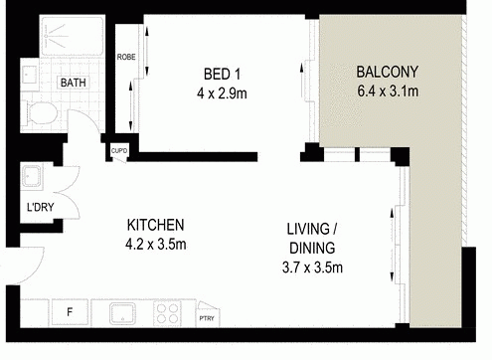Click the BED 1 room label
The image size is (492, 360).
(x=222, y=74)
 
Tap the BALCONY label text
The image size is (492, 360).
(x=387, y=72)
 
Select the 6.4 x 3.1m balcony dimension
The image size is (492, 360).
(x=388, y=90)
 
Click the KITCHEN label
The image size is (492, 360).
(x=155, y=225)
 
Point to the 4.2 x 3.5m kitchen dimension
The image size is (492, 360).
(x=155, y=245)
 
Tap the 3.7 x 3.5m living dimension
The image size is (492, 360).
(x=312, y=268)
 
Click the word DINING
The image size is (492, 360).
(x=312, y=248)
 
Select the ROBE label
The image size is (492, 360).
(x=126, y=57)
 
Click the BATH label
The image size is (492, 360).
(x=74, y=83)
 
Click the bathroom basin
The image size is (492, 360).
(x=30, y=75)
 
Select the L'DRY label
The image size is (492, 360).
(x=40, y=208)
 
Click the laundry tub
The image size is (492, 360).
(x=32, y=176)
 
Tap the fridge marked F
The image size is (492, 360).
(x=70, y=312)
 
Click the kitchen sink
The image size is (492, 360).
(x=122, y=313)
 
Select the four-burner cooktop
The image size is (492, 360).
(x=167, y=313)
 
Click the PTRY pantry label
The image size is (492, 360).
(x=207, y=318)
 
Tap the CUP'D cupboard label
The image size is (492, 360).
(x=119, y=151)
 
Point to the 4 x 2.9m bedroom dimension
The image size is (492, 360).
(x=222, y=93)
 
